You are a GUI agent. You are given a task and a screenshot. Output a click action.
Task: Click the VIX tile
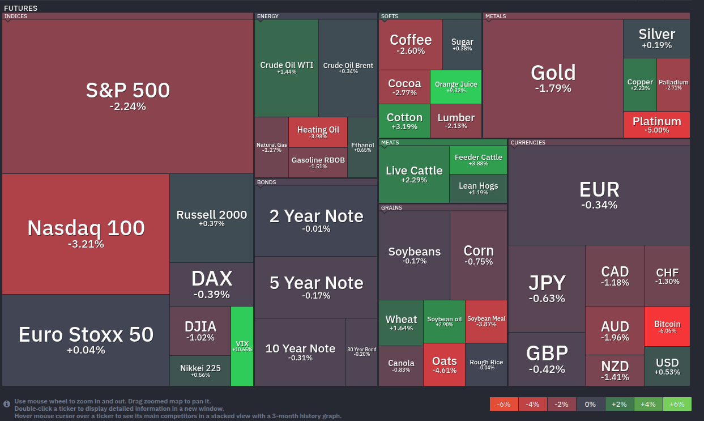(242, 346)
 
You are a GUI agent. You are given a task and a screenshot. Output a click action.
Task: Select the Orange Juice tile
(456, 87)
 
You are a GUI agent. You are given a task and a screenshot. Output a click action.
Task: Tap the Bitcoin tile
(667, 327)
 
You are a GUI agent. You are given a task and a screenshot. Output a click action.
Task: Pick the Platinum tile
(656, 125)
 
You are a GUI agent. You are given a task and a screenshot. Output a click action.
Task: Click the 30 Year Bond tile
(361, 352)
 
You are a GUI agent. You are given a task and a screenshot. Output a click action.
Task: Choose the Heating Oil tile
(318, 133)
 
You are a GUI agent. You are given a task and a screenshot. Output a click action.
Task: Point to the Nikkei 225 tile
(200, 371)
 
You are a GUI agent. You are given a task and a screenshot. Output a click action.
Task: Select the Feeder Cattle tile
(478, 160)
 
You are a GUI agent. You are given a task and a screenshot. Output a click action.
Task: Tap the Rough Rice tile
(486, 365)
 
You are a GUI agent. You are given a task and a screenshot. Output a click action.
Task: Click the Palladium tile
(673, 84)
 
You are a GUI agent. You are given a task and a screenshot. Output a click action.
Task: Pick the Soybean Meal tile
(486, 321)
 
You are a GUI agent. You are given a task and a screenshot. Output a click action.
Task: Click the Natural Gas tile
(271, 147)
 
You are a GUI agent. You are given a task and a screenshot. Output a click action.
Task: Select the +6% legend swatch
(677, 404)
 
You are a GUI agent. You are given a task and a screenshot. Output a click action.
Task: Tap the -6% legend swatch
(504, 404)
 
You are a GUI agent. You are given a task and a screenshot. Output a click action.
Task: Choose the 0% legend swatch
(590, 404)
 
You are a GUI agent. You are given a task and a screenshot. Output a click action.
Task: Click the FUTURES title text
(21, 8)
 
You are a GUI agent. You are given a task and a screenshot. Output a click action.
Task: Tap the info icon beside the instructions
(7, 404)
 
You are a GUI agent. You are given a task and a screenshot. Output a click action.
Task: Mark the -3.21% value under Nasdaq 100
(86, 244)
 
